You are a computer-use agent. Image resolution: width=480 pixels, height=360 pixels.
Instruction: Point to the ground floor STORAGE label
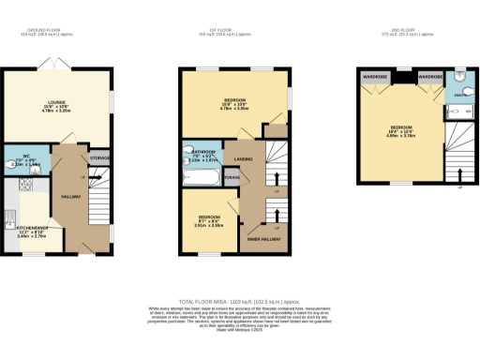coord(100,157)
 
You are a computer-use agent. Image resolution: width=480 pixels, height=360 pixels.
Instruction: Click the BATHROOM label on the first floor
coord(203,151)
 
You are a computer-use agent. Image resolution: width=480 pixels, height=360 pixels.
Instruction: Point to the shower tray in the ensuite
coord(457,111)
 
